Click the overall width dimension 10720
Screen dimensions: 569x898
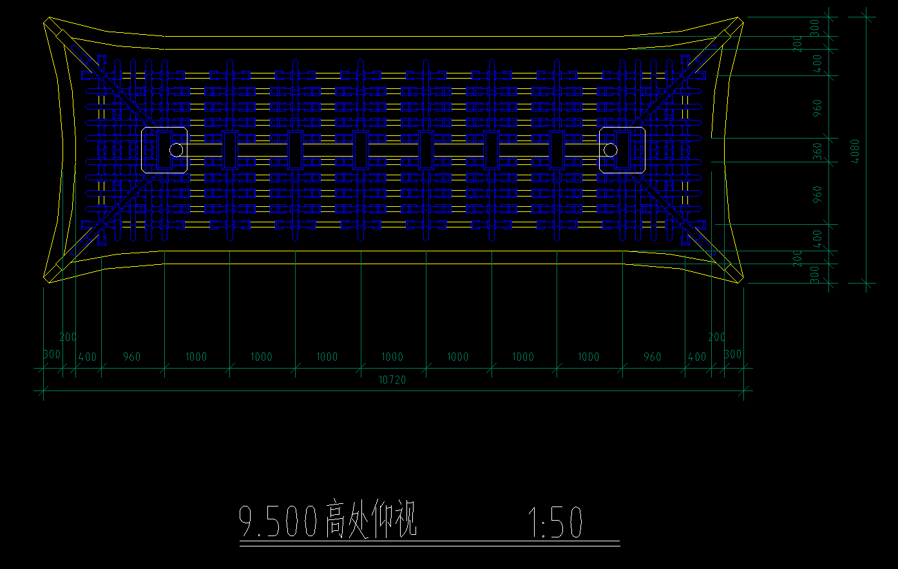[392, 380]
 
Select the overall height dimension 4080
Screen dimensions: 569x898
[855, 151]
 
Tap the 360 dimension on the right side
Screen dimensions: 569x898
[818, 151]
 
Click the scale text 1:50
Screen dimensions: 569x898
[555, 523]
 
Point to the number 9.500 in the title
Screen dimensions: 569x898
[279, 523]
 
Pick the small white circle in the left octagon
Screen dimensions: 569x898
[176, 150]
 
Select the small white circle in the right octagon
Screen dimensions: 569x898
[611, 150]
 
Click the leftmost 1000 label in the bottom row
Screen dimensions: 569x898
[196, 357]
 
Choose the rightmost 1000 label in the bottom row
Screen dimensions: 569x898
[588, 357]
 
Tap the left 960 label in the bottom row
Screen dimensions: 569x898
[131, 357]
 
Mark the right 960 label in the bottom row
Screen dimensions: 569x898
[652, 357]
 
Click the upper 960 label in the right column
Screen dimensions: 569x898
[818, 107]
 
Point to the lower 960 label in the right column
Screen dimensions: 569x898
[818, 194]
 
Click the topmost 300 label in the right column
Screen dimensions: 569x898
[815, 26]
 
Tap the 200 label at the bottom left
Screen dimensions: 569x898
[68, 337]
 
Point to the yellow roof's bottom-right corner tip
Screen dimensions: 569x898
[740, 281]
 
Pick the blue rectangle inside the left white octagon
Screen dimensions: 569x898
[164, 149]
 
